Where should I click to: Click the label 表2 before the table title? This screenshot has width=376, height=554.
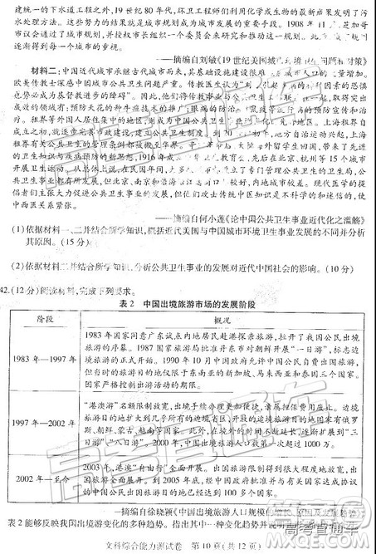[122, 306]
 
